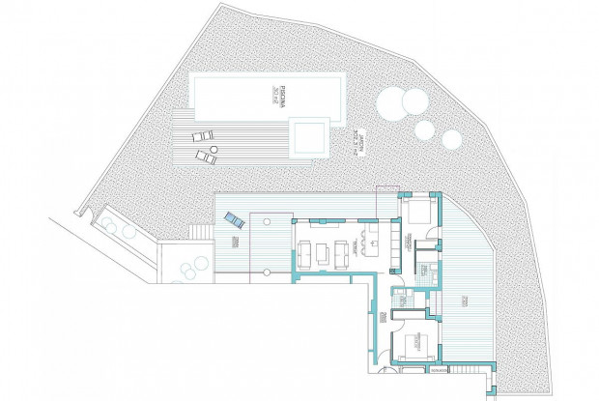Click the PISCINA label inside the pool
(273, 96)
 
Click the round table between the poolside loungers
(208, 146)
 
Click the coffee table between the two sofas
(322, 253)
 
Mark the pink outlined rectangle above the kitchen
(385, 187)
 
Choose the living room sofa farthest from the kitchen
(301, 253)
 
